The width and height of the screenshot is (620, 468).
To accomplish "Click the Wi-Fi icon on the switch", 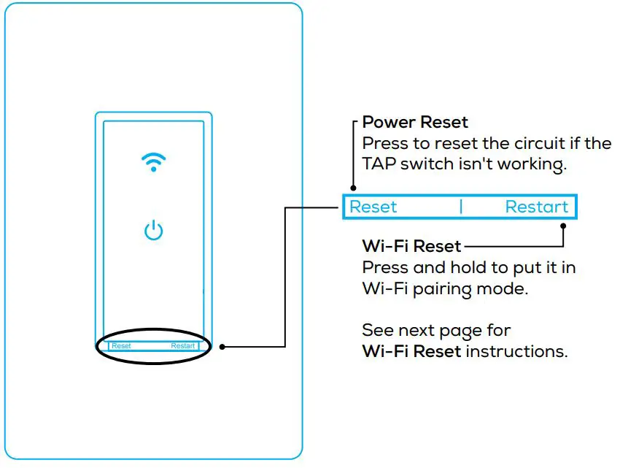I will click(x=153, y=162).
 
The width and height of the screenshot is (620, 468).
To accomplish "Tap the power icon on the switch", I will click(x=153, y=231).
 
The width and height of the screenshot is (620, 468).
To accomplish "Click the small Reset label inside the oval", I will click(x=122, y=345).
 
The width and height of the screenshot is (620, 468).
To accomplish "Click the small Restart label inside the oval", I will click(x=183, y=345).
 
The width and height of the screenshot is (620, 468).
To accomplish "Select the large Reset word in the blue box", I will click(x=373, y=207).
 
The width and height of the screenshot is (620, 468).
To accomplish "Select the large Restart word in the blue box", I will click(x=536, y=207).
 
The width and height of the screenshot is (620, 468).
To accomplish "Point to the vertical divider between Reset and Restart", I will click(x=461, y=207).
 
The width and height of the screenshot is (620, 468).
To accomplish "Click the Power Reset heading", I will click(x=415, y=122).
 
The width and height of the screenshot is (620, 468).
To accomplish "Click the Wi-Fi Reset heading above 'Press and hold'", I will click(x=411, y=245).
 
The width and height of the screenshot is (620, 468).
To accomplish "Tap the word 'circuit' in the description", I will click(x=521, y=143).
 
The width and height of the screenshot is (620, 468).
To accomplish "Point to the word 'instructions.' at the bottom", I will click(x=516, y=351).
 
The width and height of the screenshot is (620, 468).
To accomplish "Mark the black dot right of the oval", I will click(x=222, y=347).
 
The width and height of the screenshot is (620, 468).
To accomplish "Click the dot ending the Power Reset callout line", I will click(x=354, y=188).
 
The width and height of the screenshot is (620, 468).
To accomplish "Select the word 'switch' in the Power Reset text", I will click(x=430, y=164).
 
